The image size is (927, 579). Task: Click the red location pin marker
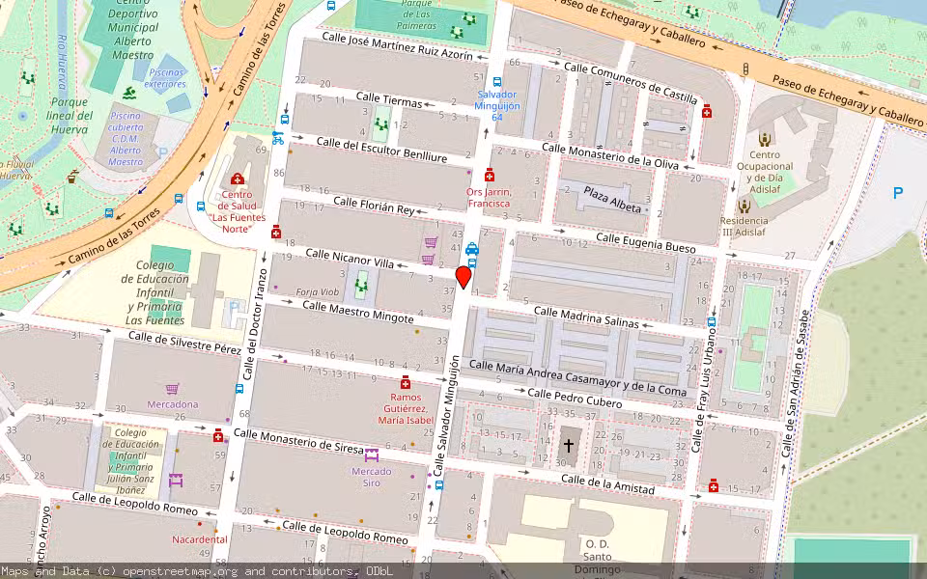(463, 276)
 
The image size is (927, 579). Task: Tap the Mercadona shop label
(172, 404)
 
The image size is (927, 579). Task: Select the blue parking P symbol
(898, 194)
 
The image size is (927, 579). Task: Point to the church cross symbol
(569, 446)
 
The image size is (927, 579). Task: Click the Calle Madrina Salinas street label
(586, 317)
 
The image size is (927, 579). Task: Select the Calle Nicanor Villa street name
(350, 258)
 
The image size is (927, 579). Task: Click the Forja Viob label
(317, 291)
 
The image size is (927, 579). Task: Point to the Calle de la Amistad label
(607, 484)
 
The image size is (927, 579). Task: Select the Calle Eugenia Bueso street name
(645, 242)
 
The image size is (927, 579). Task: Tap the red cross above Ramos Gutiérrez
(406, 382)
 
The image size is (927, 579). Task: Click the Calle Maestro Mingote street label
(357, 312)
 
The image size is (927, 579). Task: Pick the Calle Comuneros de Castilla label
(630, 81)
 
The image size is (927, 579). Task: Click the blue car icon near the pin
(472, 249)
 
